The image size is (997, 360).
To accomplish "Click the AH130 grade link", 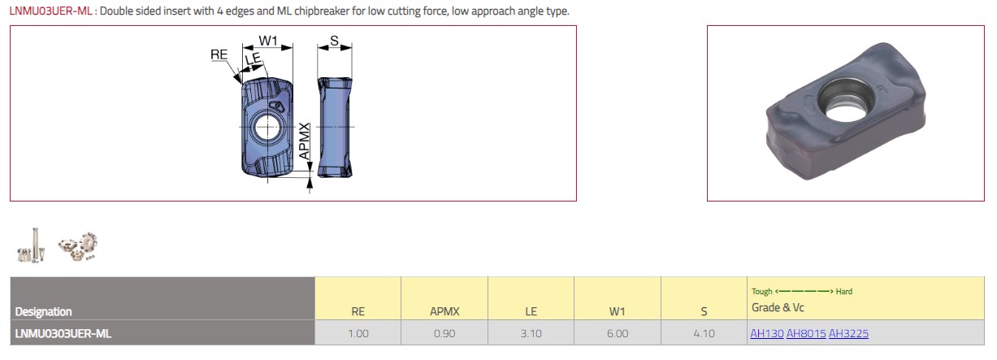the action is click(766, 333).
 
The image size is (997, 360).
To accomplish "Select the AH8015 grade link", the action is click(806, 333).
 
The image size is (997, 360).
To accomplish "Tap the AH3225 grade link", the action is click(848, 333).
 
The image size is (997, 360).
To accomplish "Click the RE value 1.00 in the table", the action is click(358, 333).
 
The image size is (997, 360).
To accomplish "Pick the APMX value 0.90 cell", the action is click(444, 333).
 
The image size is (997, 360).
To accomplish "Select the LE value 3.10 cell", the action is click(531, 333).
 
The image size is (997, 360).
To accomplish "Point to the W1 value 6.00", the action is click(618, 333).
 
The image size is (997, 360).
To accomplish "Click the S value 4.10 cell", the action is click(704, 333).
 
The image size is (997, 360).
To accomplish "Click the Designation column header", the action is click(43, 311).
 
